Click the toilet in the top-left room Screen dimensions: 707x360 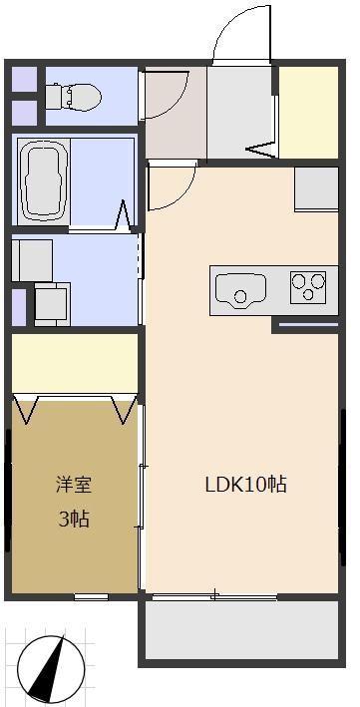(x=76, y=96)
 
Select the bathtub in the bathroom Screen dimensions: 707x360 (x=44, y=180)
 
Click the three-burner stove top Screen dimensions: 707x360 (x=309, y=286)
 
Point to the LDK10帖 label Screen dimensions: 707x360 (x=246, y=486)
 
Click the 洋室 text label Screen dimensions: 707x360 (x=73, y=486)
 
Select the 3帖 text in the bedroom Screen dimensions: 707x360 (x=73, y=519)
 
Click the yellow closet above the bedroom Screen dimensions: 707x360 (x=75, y=363)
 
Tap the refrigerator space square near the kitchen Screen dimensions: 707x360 (x=316, y=186)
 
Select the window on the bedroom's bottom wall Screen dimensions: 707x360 (x=91, y=596)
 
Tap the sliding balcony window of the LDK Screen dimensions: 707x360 (x=213, y=596)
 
